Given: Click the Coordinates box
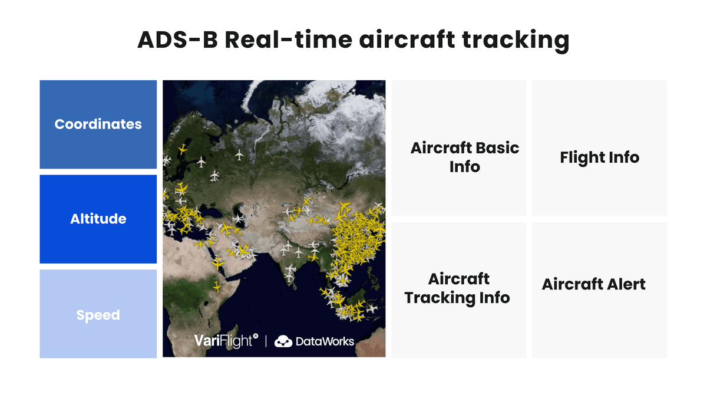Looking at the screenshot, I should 98,124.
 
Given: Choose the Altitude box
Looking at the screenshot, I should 98,219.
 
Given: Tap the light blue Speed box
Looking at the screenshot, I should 98,314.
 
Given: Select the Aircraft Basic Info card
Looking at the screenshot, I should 464,157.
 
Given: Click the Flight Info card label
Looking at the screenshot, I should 599,157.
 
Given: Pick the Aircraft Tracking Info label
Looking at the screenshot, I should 457,288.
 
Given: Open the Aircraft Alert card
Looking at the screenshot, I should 593,284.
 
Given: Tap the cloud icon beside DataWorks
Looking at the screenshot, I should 283,341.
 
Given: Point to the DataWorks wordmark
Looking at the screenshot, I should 324,341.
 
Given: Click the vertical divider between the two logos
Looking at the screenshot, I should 266,341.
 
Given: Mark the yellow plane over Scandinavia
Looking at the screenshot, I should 182,149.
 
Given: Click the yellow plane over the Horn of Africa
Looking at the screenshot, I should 217,287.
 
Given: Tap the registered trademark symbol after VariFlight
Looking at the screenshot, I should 256,336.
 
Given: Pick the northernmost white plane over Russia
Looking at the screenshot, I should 239,156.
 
